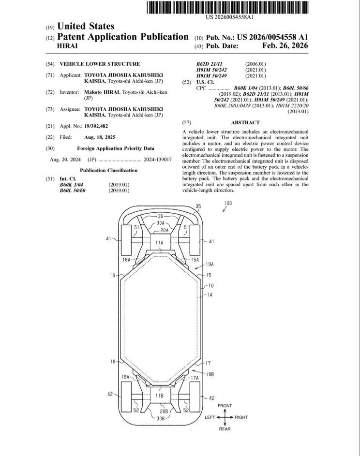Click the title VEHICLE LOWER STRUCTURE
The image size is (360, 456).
[x=100, y=64]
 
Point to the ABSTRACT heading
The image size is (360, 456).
[x=245, y=123]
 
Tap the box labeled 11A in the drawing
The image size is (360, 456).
[x=159, y=242]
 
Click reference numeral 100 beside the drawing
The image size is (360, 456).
[x=227, y=203]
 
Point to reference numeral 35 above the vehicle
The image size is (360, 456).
[x=197, y=206]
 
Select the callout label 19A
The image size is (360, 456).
[x=210, y=265]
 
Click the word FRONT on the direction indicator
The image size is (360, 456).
[x=225, y=406]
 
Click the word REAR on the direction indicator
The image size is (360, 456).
[x=225, y=428]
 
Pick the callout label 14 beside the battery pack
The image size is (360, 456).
[x=210, y=294]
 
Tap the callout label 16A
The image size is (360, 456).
[x=126, y=259]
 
